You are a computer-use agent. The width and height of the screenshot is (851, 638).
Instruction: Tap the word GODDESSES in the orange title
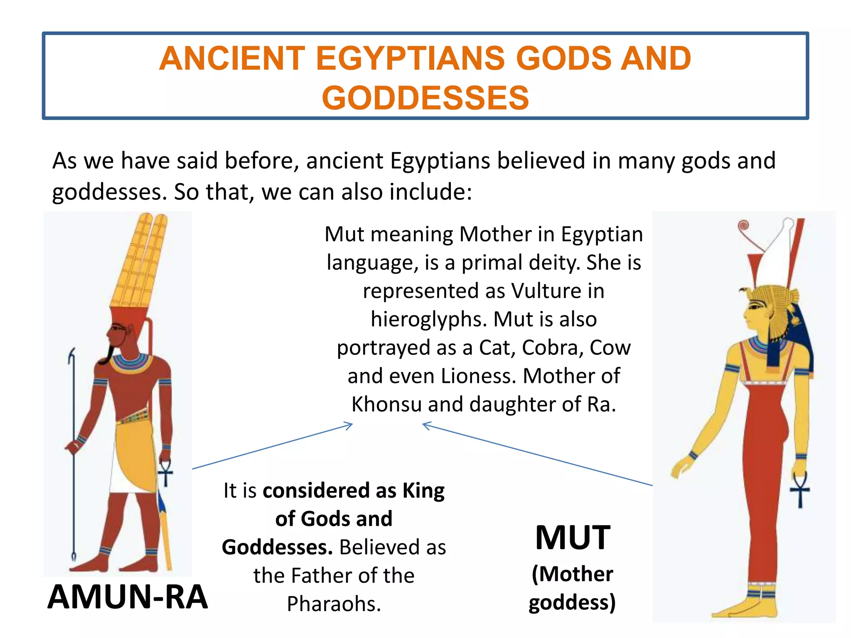point(425,98)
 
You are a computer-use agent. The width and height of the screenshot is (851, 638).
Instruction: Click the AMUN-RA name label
point(128,597)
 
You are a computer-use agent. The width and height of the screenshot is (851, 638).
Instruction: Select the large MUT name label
point(573,538)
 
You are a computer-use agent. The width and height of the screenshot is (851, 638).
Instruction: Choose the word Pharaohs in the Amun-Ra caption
point(334,604)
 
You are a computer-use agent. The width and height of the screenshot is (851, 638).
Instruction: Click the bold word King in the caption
point(423,491)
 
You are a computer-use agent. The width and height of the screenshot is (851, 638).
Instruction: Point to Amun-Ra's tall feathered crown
point(139,262)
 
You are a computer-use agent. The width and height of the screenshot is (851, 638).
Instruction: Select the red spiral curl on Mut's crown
point(743,226)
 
